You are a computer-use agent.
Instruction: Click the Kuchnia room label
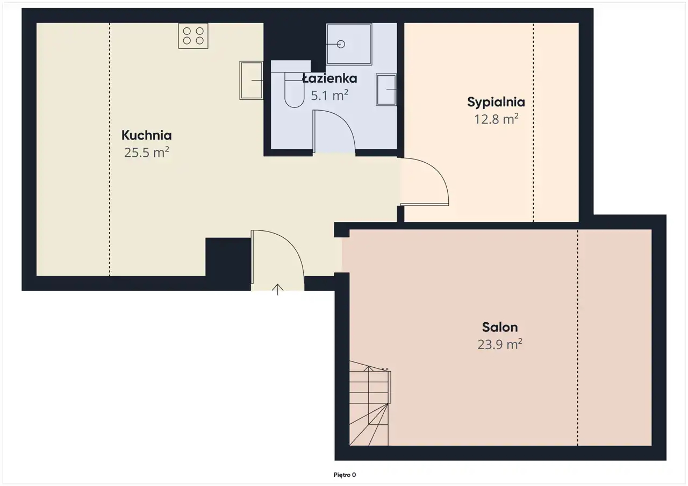pos(147,135)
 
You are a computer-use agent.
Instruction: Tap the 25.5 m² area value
pos(147,152)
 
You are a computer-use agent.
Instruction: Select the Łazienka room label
pos(329,78)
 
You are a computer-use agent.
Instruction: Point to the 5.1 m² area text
pos(329,96)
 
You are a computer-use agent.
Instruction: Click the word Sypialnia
pos(496,102)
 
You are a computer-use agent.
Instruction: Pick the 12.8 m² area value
pos(496,119)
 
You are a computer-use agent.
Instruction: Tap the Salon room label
pos(500,328)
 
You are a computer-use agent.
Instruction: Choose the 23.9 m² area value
pos(500,344)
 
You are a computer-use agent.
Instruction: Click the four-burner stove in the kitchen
pos(193,35)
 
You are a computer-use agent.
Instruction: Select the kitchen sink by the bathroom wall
pos(251,81)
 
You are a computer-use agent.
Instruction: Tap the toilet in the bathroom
pos(294,90)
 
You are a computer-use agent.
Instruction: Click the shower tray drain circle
pos(341,44)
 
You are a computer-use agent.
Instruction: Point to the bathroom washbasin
pos(386,90)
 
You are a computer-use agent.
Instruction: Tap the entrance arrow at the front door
pos(278,289)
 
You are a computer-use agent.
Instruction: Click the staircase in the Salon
pos(370,403)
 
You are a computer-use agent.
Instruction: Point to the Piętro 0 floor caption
pos(345,475)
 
